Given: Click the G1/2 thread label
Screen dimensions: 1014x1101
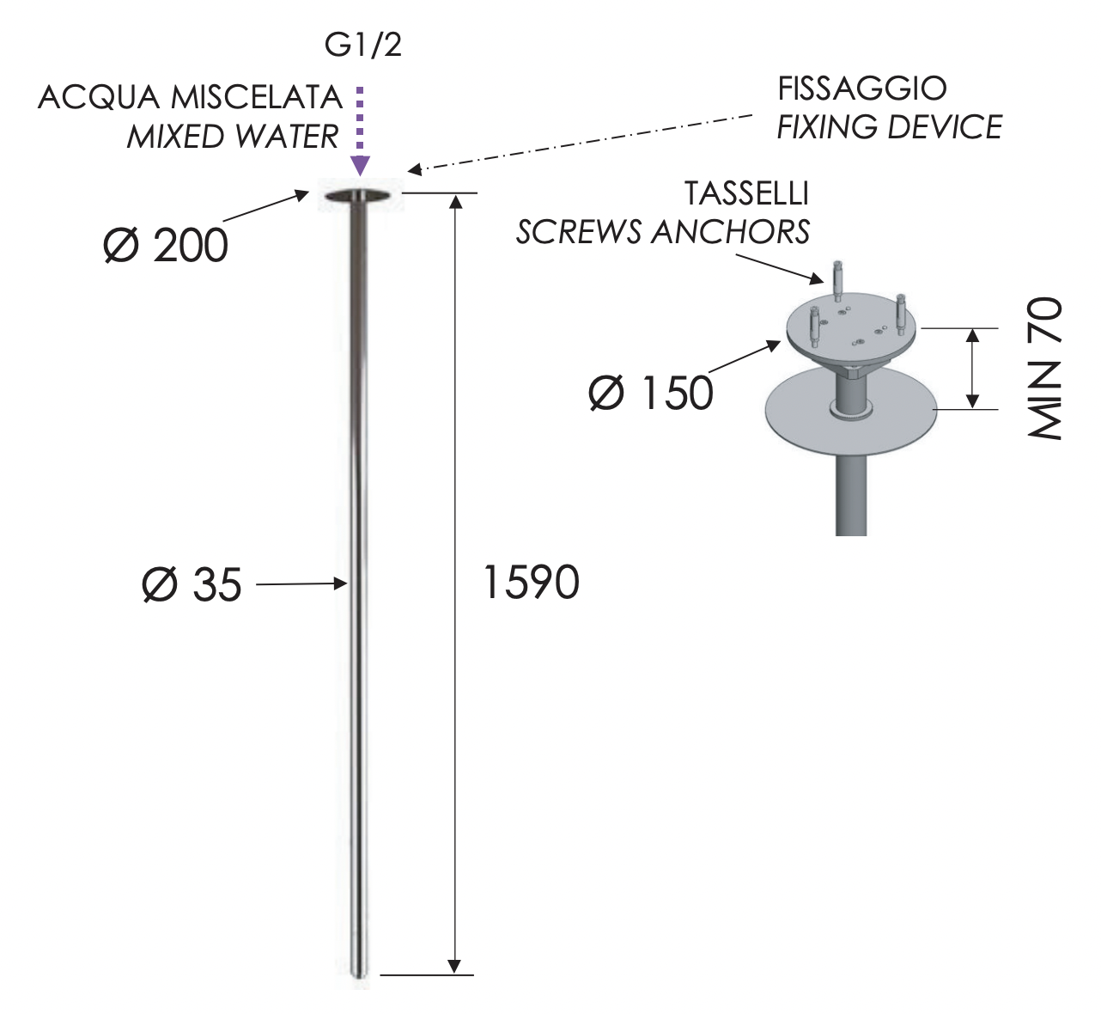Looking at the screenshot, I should (362, 46).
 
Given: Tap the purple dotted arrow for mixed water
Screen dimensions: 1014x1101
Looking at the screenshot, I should (361, 129).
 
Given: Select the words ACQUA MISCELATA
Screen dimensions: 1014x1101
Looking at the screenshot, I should (190, 98).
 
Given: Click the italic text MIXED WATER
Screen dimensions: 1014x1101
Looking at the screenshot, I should (233, 137).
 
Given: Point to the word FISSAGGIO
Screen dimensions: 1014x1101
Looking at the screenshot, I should (861, 89).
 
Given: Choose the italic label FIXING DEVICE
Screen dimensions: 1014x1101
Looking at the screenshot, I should (889, 127).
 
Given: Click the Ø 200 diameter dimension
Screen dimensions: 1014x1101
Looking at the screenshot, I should (165, 246).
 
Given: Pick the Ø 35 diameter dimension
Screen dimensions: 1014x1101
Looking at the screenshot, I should (192, 585).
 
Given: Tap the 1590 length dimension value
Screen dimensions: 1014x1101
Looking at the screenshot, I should (531, 583).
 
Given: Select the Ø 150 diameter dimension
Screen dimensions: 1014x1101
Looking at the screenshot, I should (651, 394).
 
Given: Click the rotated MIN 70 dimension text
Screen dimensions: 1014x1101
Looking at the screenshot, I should (1045, 369).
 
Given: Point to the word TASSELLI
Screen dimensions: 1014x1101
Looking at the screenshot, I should (746, 194).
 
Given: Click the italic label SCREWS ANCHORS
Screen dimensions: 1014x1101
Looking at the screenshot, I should (662, 232).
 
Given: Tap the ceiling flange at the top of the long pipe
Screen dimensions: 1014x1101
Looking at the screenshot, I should (361, 197).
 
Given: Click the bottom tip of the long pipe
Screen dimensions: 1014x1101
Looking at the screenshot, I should (361, 973).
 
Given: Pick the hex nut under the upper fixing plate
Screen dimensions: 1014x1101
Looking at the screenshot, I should (854, 371).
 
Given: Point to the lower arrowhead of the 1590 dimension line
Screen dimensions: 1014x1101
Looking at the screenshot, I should (455, 965).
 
